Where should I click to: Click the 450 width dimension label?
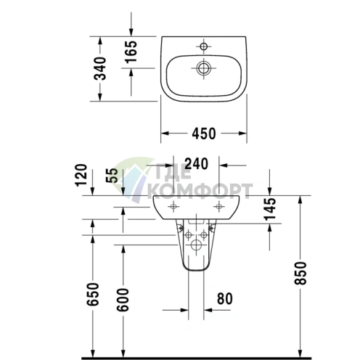click(x=204, y=134)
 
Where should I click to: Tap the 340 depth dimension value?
click(x=100, y=68)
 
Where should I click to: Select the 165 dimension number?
click(x=131, y=52)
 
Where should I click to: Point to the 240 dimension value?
click(x=196, y=163)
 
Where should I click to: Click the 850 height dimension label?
click(x=300, y=273)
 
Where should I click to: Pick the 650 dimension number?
click(x=93, y=294)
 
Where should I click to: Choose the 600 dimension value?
click(x=123, y=300)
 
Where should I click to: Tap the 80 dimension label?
click(x=225, y=298)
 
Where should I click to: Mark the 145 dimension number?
click(x=270, y=209)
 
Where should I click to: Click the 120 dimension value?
click(x=81, y=175)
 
